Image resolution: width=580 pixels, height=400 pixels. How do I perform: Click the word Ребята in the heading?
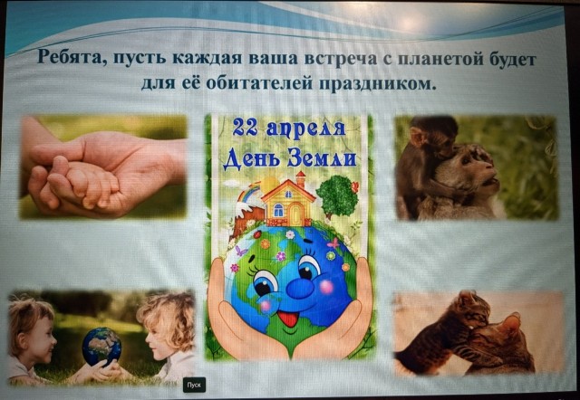70,59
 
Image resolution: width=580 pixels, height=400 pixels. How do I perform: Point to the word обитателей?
257,83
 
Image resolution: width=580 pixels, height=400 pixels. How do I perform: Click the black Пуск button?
194,385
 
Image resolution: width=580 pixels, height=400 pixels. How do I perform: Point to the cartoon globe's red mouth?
288,319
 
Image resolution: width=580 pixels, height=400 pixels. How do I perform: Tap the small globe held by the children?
101,347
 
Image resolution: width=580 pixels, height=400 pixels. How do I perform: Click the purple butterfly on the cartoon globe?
241,252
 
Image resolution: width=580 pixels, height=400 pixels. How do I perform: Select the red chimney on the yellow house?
301,179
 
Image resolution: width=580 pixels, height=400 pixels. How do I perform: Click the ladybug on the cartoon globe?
257,234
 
